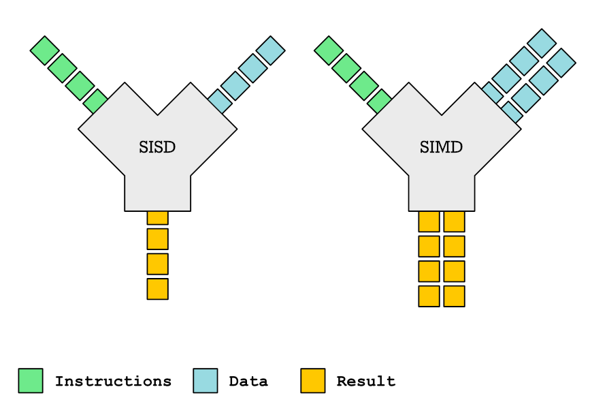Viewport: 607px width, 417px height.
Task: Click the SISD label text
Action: tap(157, 146)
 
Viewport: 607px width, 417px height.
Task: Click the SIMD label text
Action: tap(441, 146)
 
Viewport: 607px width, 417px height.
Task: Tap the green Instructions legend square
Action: tap(31, 381)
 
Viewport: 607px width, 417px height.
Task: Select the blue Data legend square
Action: tap(206, 381)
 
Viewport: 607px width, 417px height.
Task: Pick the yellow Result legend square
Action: tap(313, 381)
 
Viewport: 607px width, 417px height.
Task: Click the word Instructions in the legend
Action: tap(113, 381)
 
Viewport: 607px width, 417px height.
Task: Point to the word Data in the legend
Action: tap(248, 381)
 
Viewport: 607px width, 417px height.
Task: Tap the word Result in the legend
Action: tap(366, 381)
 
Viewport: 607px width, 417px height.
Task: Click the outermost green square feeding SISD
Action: tap(44, 50)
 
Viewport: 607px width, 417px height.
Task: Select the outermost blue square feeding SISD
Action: tap(270, 50)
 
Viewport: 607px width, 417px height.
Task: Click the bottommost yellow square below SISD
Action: tap(157, 289)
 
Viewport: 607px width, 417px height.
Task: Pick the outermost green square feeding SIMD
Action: tap(328, 50)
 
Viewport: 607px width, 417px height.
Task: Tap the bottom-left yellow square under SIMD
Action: tap(429, 296)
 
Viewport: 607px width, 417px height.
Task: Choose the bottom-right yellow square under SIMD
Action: tap(454, 296)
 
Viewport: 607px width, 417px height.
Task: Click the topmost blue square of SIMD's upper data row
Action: tap(542, 43)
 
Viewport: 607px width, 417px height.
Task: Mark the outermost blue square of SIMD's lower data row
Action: tap(561, 63)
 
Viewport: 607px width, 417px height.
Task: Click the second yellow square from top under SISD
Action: tap(157, 239)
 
